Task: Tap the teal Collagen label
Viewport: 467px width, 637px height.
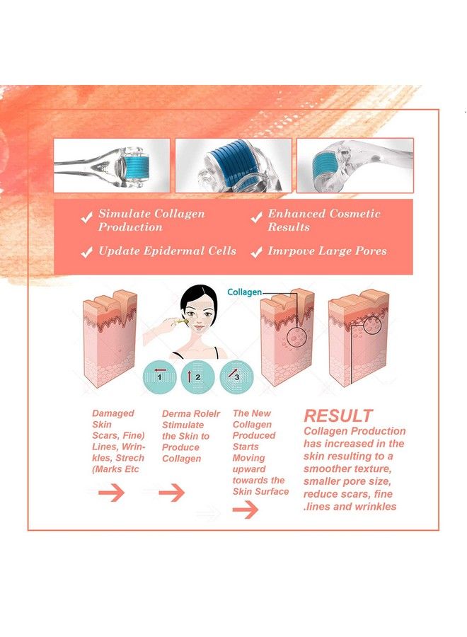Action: (244, 292)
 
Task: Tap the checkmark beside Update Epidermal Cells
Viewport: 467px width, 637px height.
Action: (87, 251)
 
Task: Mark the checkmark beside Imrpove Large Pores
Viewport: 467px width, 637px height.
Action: (256, 251)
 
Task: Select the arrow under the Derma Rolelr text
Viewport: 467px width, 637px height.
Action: (171, 493)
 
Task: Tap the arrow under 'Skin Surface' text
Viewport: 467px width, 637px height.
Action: (245, 510)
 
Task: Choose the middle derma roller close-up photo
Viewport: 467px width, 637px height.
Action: (233, 166)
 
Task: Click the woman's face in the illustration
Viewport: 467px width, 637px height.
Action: (198, 322)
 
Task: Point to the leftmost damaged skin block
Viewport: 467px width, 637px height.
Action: (110, 340)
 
